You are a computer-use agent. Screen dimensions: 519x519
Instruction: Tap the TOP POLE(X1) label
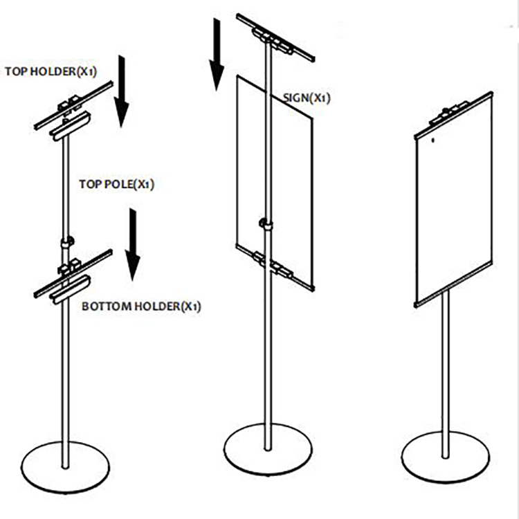pos(116,185)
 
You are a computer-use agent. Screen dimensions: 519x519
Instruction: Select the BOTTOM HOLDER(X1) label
pos(141,306)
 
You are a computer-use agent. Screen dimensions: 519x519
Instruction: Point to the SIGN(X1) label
pos(306,98)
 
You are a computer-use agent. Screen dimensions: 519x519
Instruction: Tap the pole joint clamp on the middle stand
pos(265,224)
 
